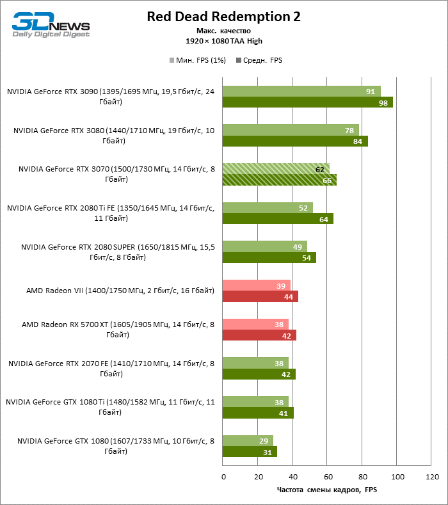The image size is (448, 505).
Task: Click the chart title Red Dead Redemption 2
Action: coord(223,16)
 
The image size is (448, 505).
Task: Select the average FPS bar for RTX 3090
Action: coord(307,102)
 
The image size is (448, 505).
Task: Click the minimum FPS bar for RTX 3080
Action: coord(291,130)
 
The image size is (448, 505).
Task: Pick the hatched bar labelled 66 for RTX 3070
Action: coord(279,180)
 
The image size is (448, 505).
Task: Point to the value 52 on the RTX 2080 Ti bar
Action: coord(303,207)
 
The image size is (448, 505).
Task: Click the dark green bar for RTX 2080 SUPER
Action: coord(269,257)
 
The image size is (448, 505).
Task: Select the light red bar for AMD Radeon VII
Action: coord(256,285)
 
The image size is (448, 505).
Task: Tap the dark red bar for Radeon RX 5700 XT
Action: coord(259,335)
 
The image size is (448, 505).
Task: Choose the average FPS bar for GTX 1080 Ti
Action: coord(257,413)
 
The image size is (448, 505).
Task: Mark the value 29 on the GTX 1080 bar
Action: coord(264,440)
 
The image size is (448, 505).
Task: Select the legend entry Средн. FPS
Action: coord(260,60)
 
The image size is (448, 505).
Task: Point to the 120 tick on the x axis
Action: coord(432,477)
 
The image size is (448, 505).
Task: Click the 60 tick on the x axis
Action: coord(328,477)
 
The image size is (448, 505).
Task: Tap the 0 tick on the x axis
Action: coord(223,477)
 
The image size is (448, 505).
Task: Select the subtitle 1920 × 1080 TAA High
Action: coord(223,41)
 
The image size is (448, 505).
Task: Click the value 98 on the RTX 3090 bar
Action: coord(383,103)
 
